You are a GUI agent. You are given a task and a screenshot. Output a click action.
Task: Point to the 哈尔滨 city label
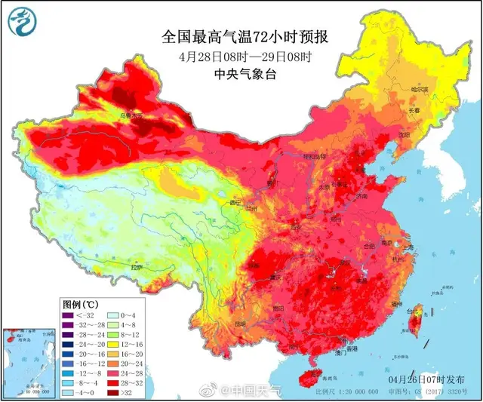pos(420,90)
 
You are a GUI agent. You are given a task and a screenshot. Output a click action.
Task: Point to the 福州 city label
pos(396,302)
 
